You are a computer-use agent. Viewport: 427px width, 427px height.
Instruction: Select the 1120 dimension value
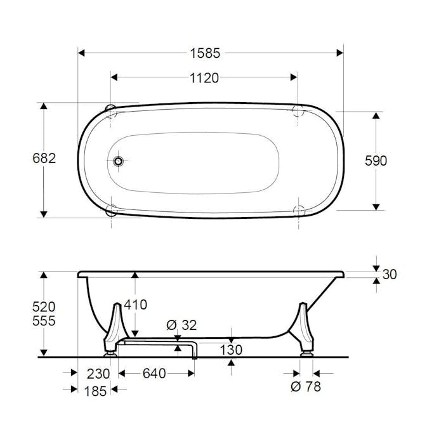point(204,78)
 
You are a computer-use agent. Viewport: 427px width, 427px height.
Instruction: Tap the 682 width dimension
point(44,159)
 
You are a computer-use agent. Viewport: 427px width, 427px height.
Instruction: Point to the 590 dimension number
point(376,161)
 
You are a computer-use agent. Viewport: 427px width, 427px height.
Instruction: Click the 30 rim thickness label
point(390,275)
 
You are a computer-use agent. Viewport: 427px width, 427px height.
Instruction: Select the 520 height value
point(44,306)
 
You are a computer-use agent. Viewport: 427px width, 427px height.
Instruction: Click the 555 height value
point(44,321)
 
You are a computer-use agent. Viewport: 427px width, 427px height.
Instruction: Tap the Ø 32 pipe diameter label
point(181,325)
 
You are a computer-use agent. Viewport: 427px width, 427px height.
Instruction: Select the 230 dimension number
point(98,374)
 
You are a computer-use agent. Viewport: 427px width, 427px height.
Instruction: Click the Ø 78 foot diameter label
point(305,386)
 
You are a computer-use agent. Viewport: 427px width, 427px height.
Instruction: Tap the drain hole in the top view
point(118,161)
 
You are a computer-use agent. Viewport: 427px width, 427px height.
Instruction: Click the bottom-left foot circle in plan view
point(112,209)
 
